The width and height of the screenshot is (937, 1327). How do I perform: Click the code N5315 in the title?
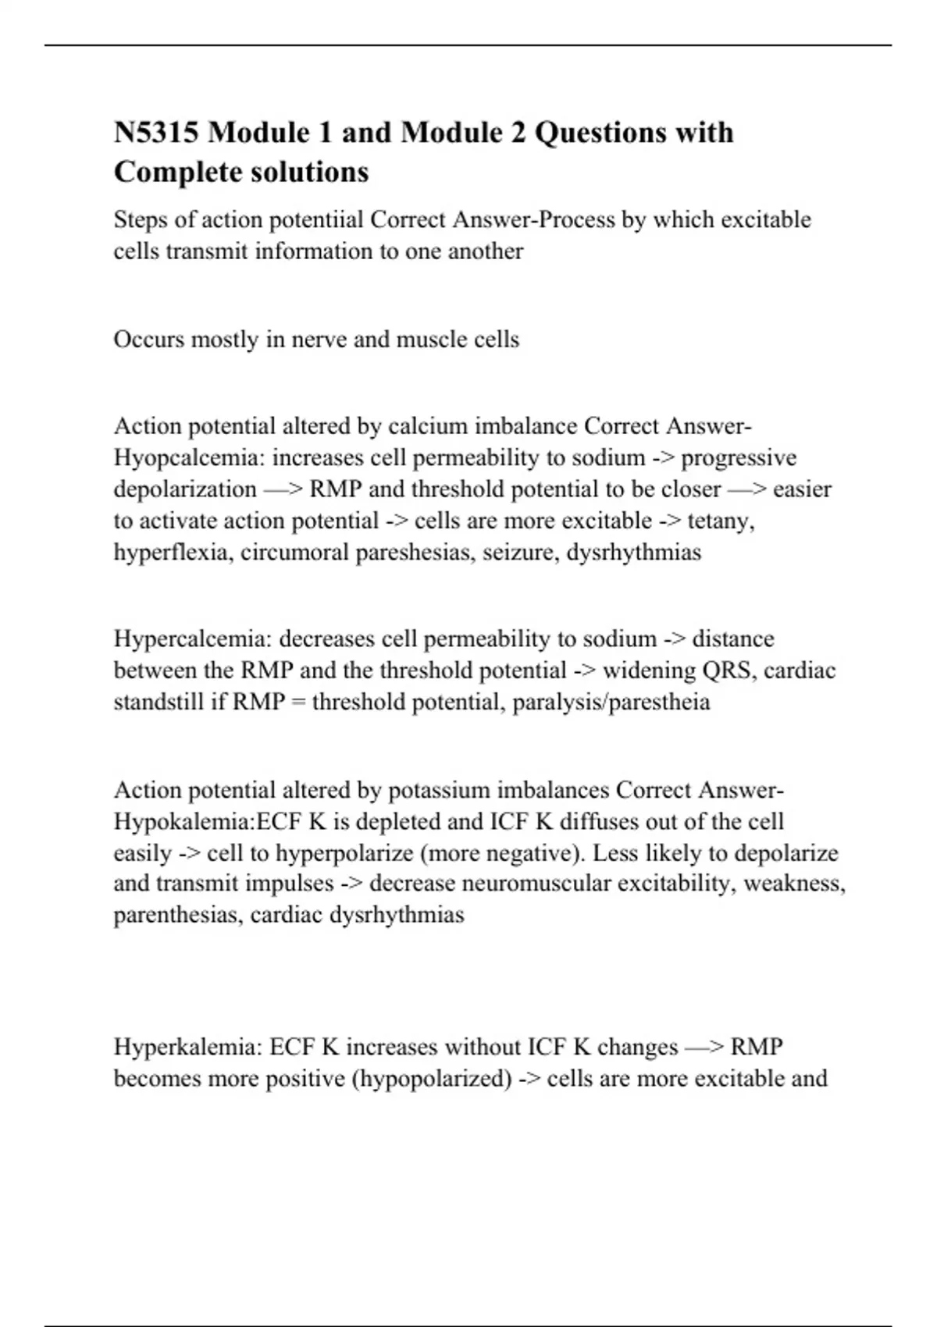point(157,133)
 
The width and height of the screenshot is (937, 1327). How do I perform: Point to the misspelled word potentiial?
point(316,220)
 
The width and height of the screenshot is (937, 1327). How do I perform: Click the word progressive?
point(739,457)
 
